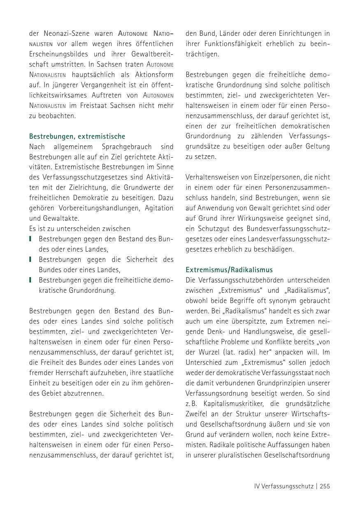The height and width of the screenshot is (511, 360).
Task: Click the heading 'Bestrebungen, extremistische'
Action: pos(77,136)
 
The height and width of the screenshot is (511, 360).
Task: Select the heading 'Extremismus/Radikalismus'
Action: pos(229,270)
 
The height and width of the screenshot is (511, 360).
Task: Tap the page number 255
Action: pos(325,486)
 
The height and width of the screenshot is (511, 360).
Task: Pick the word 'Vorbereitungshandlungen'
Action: pos(97,208)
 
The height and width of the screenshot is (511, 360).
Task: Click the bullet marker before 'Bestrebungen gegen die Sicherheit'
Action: pos(30,260)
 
